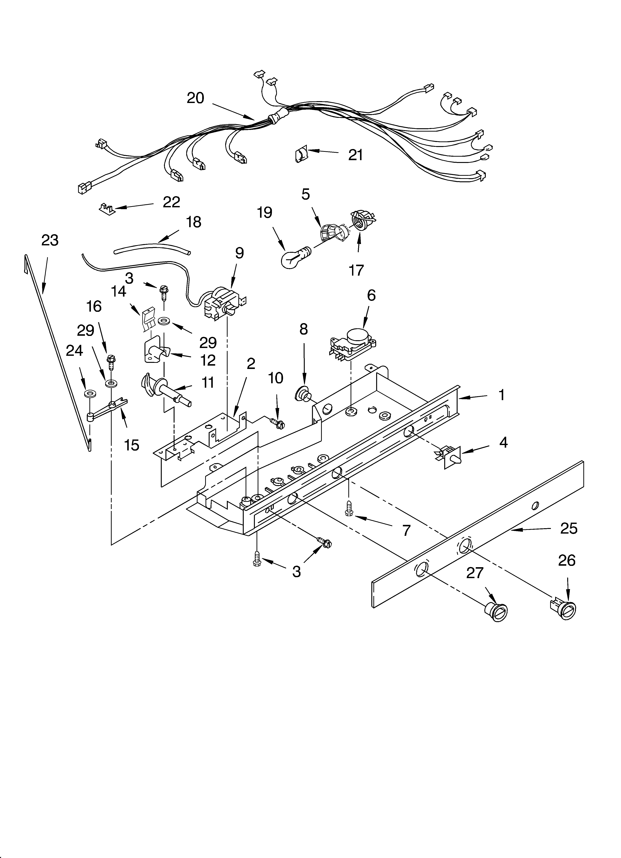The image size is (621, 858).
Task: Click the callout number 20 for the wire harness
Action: coord(195,98)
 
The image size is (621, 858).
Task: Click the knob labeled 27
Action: coord(495,610)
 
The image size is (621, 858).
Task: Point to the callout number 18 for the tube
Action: coord(194,222)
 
